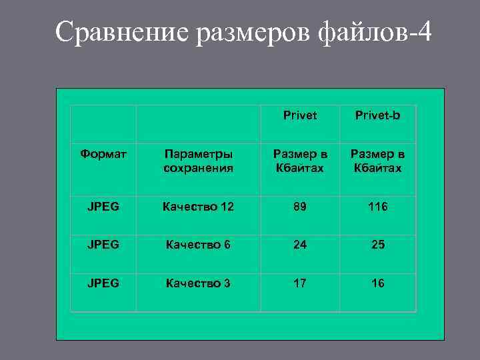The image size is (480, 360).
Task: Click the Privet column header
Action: coord(300,115)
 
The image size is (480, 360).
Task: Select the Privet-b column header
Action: coord(378,115)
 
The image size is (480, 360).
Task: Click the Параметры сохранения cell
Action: coord(199,161)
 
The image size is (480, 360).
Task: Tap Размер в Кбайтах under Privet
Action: coord(300,161)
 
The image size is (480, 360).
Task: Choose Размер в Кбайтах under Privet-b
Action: coord(378,161)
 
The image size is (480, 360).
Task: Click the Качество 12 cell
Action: coord(199,207)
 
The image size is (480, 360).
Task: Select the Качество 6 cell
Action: coord(199,245)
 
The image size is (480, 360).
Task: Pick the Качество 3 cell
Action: coord(199,283)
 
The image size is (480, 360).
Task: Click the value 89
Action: coord(300,207)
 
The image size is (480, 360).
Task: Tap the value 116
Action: coord(378,207)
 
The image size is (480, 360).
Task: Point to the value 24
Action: coord(300,245)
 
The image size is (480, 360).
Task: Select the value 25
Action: coord(378,245)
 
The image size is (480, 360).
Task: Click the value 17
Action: coord(300,283)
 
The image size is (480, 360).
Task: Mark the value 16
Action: coord(378,283)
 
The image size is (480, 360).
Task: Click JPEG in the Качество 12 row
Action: coord(103,207)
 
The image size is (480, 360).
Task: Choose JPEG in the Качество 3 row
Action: coord(103,283)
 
